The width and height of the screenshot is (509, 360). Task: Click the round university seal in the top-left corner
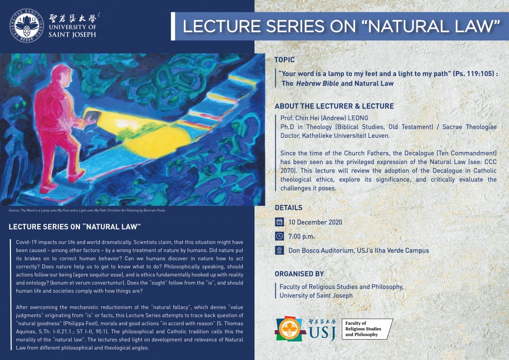(x=27, y=26)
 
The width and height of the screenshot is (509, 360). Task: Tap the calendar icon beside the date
(x=279, y=222)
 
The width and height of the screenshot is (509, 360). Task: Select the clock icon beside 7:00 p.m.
(x=279, y=236)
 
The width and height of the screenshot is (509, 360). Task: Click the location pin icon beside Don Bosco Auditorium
(x=279, y=250)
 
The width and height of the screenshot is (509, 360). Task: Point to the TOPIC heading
(x=284, y=60)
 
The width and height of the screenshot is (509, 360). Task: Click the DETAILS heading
(x=289, y=208)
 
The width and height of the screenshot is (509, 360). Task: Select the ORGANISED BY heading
(x=299, y=274)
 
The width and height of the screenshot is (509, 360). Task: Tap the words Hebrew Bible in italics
(x=317, y=84)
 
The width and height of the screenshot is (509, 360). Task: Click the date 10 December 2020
(x=315, y=222)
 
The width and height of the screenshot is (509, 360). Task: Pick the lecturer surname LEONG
(x=358, y=118)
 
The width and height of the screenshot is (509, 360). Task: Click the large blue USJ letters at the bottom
(x=322, y=333)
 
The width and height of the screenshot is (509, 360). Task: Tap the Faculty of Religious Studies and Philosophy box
(x=367, y=329)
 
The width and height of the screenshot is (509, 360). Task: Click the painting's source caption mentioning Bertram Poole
(x=87, y=210)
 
